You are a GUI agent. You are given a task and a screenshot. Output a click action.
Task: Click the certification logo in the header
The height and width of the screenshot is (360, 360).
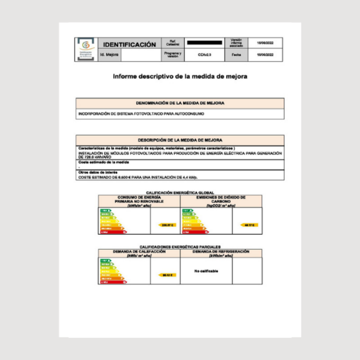pyautogui.click(x=86, y=49)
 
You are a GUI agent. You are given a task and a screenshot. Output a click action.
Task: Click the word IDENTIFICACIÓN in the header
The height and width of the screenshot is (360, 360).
pyautogui.click(x=130, y=45)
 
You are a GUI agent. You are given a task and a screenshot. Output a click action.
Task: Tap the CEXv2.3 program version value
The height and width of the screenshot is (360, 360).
pyautogui.click(x=204, y=55)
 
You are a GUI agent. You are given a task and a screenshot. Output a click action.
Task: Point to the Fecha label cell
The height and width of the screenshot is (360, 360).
pyautogui.click(x=236, y=55)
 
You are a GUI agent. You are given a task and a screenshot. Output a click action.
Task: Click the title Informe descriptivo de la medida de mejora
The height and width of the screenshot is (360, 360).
pyautogui.click(x=180, y=76)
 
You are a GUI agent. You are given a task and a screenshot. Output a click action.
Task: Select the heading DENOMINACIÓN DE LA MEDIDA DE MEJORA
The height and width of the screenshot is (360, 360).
pyautogui.click(x=180, y=103)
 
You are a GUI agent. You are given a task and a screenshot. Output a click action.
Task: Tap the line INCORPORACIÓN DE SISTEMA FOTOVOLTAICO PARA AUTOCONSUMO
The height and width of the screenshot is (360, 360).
pyautogui.click(x=141, y=114)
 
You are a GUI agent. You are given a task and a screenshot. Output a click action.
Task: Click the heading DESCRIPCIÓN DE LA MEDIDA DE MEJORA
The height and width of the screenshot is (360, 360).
pyautogui.click(x=180, y=140)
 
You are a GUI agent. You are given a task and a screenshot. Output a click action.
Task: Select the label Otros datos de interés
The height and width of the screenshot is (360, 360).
pyautogui.click(x=97, y=172)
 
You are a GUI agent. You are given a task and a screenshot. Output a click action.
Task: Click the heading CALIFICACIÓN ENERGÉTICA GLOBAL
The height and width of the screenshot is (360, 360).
pyautogui.click(x=180, y=192)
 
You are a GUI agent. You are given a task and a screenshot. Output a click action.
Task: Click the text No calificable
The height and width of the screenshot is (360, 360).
pyautogui.click(x=206, y=271)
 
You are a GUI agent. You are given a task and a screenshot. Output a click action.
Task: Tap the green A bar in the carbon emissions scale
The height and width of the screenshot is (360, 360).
pyautogui.click(x=187, y=210)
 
